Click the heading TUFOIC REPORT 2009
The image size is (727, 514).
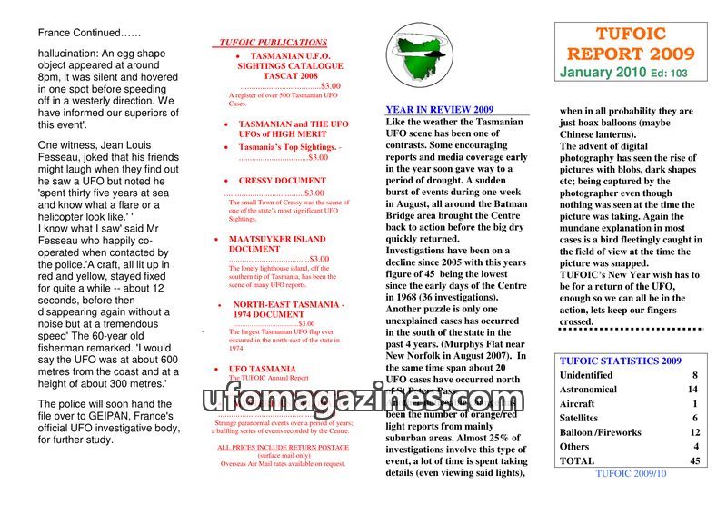(631, 44)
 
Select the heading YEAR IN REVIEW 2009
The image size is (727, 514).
(440, 109)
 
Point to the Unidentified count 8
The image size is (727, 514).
(694, 375)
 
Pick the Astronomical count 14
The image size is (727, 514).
(692, 390)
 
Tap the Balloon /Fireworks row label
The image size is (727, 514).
(601, 432)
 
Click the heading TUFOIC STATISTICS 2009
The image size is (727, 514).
(621, 361)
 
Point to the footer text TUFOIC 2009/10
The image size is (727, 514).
(631, 473)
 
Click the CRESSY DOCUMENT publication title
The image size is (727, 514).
(282, 181)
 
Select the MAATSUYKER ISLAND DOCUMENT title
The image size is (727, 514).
(276, 243)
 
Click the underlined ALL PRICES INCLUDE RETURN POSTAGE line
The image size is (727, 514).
(283, 448)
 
